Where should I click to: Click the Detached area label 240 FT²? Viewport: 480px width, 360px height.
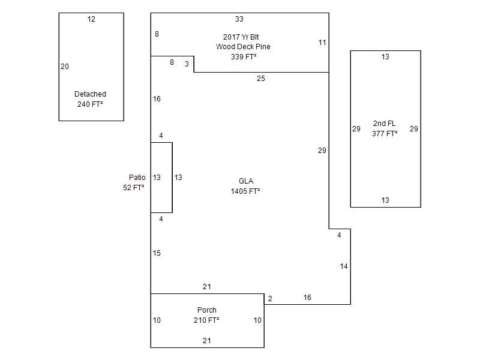click(90, 104)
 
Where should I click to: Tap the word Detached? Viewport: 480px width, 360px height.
click(90, 94)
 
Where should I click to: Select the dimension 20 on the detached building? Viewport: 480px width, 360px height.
click(65, 67)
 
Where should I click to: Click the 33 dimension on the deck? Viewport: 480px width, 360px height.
click(239, 19)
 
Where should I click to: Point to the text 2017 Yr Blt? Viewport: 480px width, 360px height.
click(241, 37)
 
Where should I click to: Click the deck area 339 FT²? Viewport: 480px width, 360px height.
click(244, 57)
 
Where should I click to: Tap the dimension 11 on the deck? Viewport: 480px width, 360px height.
click(322, 43)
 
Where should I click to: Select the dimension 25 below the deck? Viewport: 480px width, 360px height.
click(261, 79)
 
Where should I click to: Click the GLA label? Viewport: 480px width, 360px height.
click(246, 181)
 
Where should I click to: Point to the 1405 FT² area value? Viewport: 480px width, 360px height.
click(245, 191)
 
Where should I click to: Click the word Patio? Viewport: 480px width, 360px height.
click(137, 178)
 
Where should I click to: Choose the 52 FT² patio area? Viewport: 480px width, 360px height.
click(134, 188)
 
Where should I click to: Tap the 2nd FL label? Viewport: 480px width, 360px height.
click(384, 124)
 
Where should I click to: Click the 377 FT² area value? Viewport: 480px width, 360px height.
click(385, 134)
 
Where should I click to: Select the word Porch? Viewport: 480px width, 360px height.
click(207, 310)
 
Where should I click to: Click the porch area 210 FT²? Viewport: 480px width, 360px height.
click(206, 320)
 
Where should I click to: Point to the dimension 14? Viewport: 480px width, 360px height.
click(344, 266)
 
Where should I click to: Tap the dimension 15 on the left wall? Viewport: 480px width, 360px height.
click(157, 253)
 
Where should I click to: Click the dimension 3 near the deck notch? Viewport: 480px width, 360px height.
click(187, 64)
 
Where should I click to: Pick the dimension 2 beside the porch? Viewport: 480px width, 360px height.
click(270, 299)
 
